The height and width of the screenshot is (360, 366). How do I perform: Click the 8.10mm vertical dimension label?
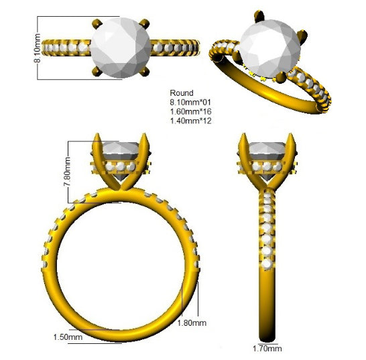[x=38, y=48]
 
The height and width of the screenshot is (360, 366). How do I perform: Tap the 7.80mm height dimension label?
[x=67, y=172]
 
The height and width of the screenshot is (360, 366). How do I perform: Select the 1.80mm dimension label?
[x=192, y=323]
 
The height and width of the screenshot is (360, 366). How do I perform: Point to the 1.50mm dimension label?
[x=68, y=337]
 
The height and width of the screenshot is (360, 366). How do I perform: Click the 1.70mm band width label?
[x=267, y=349]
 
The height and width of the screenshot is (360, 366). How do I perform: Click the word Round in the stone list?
[x=182, y=93]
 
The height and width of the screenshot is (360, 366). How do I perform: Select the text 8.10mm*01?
[x=190, y=103]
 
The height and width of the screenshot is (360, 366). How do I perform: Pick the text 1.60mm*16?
[x=190, y=111]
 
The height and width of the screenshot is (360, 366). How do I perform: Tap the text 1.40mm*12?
[x=190, y=121]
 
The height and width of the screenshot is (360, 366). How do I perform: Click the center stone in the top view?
[x=121, y=48]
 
